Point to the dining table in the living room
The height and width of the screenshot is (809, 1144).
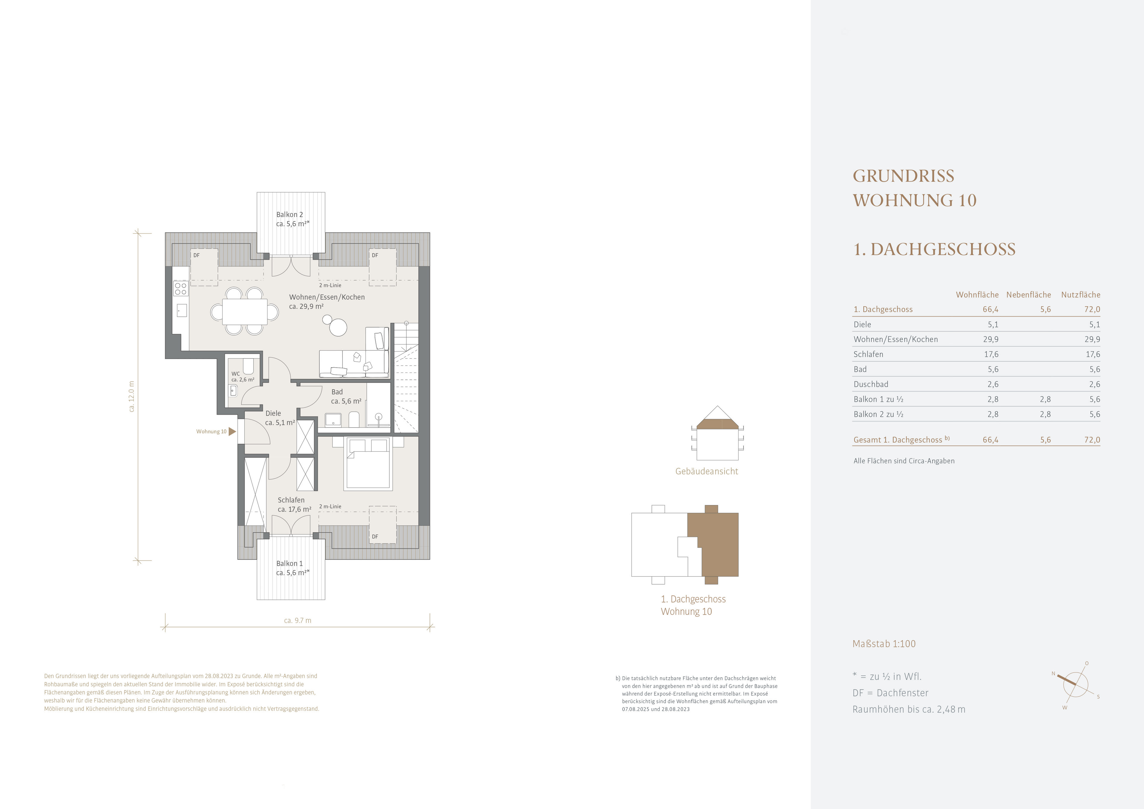[x=245, y=312]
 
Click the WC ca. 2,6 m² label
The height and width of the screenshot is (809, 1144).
[x=243, y=376]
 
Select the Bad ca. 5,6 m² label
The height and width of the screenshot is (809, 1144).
[x=346, y=396]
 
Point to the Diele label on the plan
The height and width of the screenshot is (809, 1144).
[x=273, y=413]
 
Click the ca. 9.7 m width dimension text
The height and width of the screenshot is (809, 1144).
[x=297, y=621]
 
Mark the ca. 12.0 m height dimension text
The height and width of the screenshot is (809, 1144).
[x=132, y=396]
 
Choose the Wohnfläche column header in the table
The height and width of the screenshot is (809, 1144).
[x=977, y=295]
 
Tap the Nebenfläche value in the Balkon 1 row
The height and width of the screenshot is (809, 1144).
[x=1045, y=399]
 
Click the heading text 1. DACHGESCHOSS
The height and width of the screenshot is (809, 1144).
[x=934, y=249]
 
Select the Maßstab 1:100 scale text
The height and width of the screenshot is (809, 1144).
[x=884, y=644]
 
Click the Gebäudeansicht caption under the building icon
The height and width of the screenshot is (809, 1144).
[x=707, y=471]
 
